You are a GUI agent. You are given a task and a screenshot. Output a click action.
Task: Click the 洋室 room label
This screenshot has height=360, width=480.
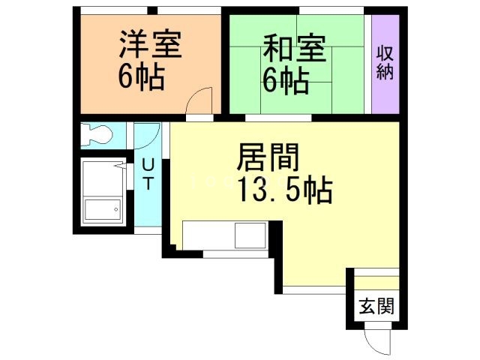point(150,45)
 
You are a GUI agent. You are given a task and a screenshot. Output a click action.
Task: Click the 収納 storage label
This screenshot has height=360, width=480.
point(385,64)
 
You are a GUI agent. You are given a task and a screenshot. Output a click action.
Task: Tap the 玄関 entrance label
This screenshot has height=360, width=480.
point(373,307)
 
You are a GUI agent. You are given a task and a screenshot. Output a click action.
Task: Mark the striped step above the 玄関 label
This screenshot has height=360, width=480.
point(373,282)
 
